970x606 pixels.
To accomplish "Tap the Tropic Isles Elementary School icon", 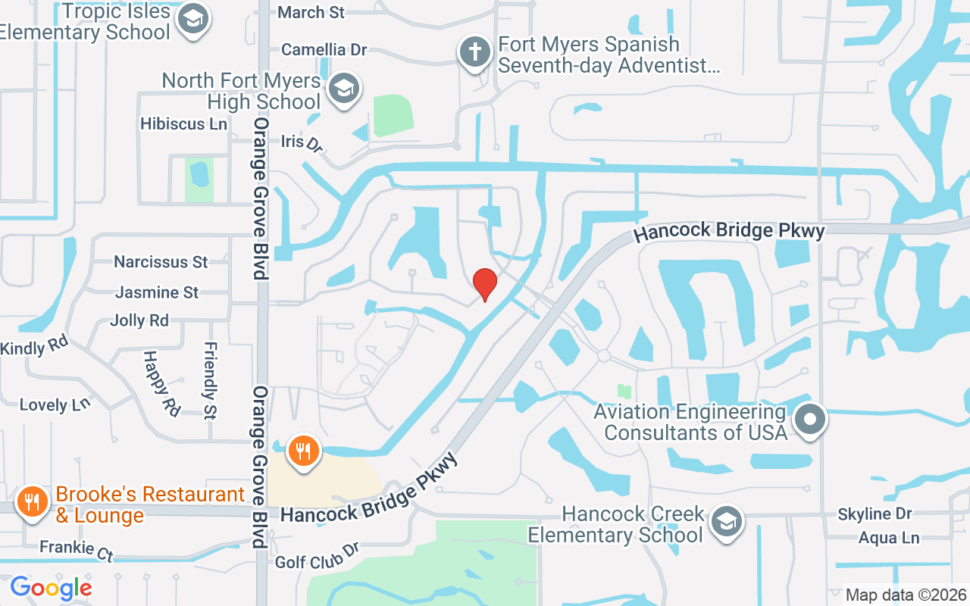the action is [x=192, y=20].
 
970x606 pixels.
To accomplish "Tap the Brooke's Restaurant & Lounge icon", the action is [x=32, y=503].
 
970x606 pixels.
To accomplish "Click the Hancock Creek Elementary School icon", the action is [x=727, y=522].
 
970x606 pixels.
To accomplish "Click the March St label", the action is [x=311, y=12].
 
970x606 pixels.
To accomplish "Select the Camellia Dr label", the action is [x=324, y=50].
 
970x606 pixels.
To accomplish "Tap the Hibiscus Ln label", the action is [x=183, y=123].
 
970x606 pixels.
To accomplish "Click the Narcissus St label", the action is [x=161, y=262].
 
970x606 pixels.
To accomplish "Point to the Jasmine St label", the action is [x=157, y=292].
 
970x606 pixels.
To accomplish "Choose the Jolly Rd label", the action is [x=139, y=320].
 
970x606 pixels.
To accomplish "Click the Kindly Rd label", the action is [x=34, y=348].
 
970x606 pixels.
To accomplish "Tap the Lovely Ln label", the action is [x=55, y=405].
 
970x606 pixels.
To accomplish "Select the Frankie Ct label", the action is [x=76, y=550].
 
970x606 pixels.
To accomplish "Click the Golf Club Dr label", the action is [x=317, y=557].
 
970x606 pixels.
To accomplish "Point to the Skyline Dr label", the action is [x=875, y=514].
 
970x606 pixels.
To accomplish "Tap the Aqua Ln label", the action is [x=889, y=538].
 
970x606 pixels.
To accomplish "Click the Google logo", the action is [x=51, y=588].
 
